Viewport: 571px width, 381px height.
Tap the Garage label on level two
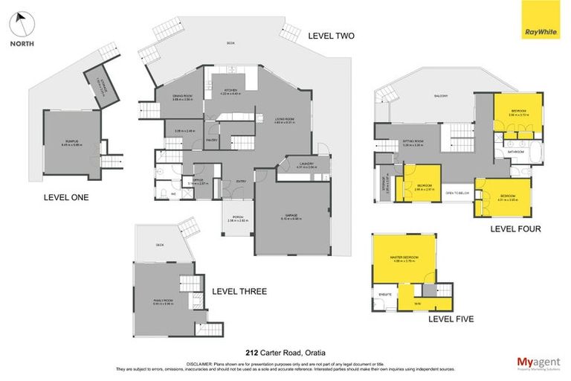(x=291, y=217)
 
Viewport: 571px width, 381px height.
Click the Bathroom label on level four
(x=516, y=152)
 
